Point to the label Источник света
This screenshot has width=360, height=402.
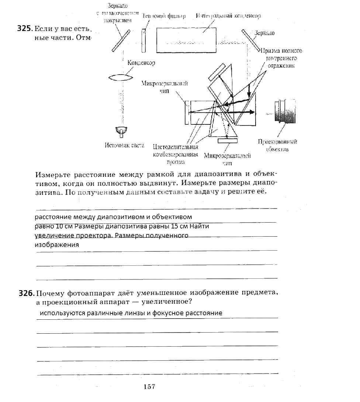click(x=124, y=145)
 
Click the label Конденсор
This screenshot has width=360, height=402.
click(x=141, y=63)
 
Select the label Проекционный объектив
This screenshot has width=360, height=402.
click(x=277, y=145)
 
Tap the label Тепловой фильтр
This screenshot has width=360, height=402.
click(x=164, y=16)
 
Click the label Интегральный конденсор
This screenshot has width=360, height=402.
click(x=229, y=16)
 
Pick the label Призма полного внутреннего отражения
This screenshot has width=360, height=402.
click(x=281, y=58)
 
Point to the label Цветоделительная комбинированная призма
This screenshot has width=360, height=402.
click(x=175, y=154)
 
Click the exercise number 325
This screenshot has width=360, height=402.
click(x=25, y=29)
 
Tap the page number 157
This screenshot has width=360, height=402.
click(x=149, y=386)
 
